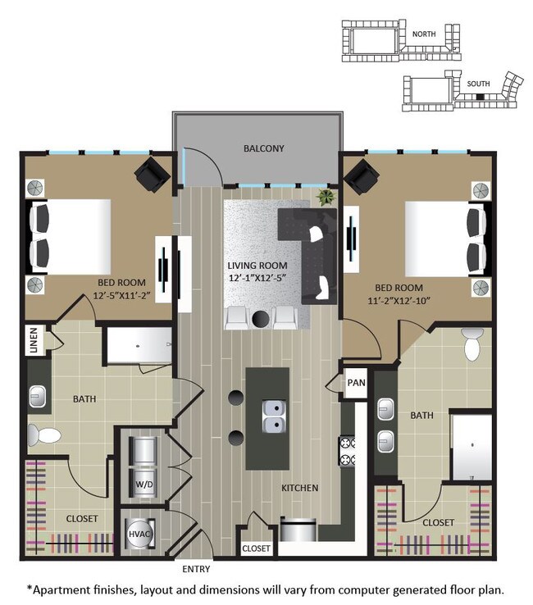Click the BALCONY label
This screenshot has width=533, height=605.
(263, 148)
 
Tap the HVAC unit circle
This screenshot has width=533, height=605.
(136, 534)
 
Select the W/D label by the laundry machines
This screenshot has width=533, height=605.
(143, 484)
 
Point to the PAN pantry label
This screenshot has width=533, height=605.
(356, 383)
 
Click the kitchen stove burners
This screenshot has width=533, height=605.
(347, 452)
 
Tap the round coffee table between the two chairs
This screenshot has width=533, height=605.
(262, 318)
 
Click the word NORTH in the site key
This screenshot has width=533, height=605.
(424, 34)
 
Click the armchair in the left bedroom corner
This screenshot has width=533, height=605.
(152, 174)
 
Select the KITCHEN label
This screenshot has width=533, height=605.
(300, 489)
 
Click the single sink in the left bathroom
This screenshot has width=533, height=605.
(39, 398)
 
